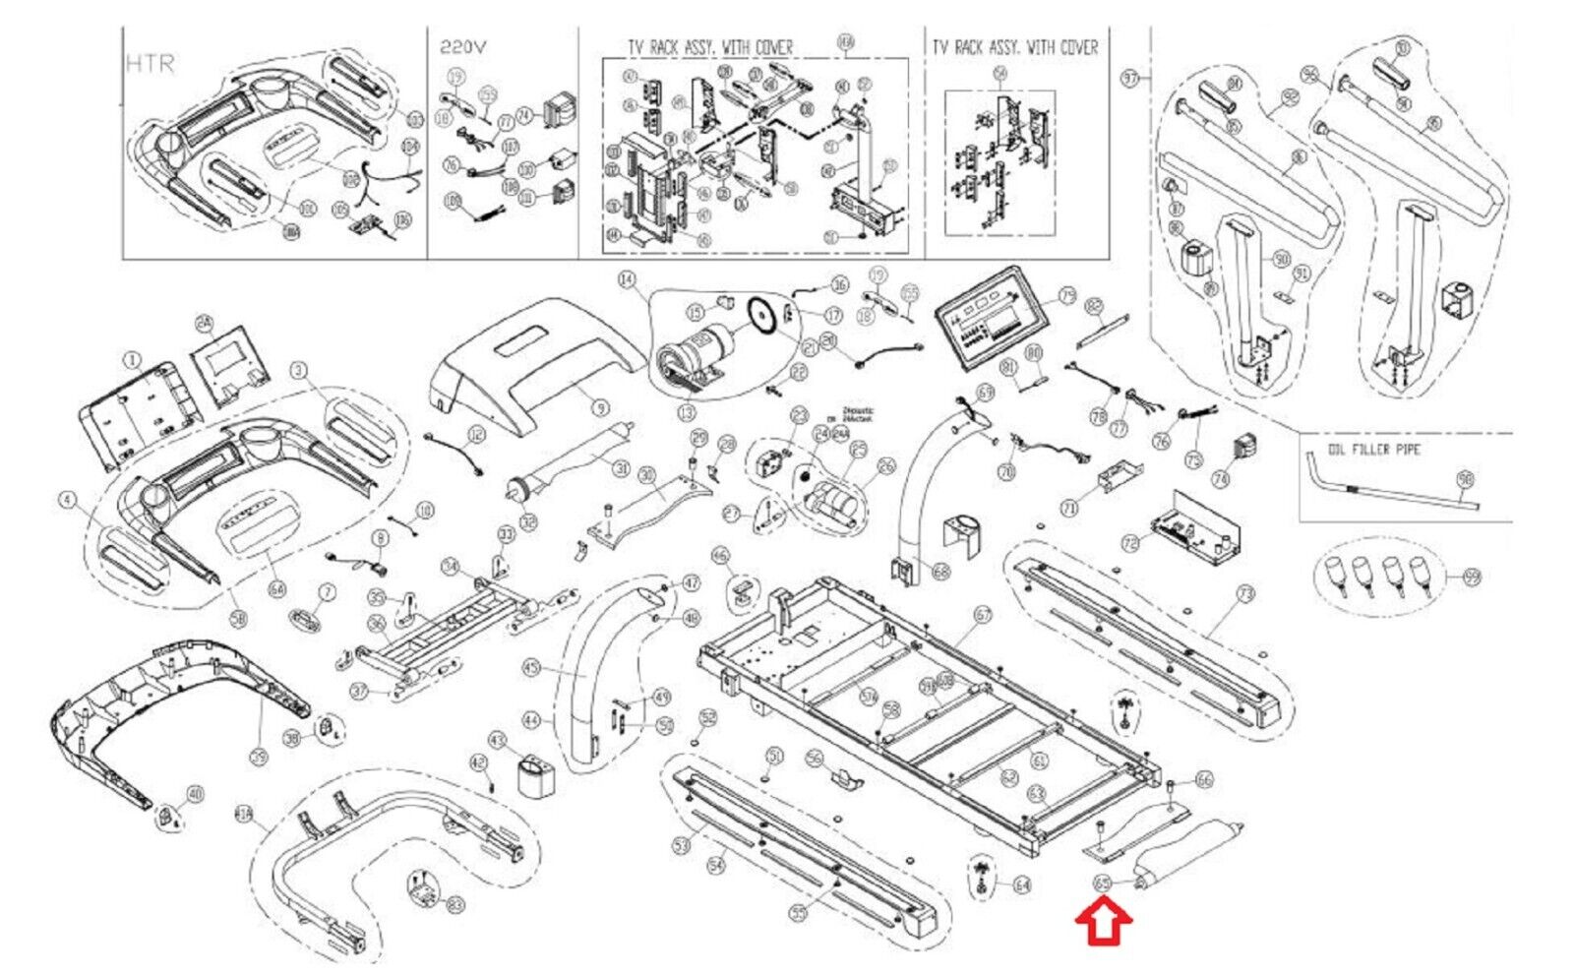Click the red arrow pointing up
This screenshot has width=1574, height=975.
[1104, 924]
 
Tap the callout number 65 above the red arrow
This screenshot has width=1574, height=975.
[1103, 884]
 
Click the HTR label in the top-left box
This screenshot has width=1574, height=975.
[151, 64]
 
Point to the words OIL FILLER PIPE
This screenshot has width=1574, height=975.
[1373, 450]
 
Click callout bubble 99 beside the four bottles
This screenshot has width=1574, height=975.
[1472, 578]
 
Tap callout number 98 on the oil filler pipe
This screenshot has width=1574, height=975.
[1465, 479]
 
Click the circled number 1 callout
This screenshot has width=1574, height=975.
[132, 361]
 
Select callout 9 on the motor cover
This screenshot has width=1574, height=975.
[600, 407]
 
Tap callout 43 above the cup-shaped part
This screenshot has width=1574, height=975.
[497, 740]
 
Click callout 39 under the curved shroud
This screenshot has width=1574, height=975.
[259, 756]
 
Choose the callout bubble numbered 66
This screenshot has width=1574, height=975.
[1204, 780]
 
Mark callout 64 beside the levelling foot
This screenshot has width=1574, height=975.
[1022, 885]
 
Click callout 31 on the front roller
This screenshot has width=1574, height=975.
[621, 469]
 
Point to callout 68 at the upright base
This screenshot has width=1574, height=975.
[941, 571]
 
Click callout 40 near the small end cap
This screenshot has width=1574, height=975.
[195, 794]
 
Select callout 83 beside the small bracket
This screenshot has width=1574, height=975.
[454, 904]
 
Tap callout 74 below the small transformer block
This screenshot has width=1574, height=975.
[1221, 479]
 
